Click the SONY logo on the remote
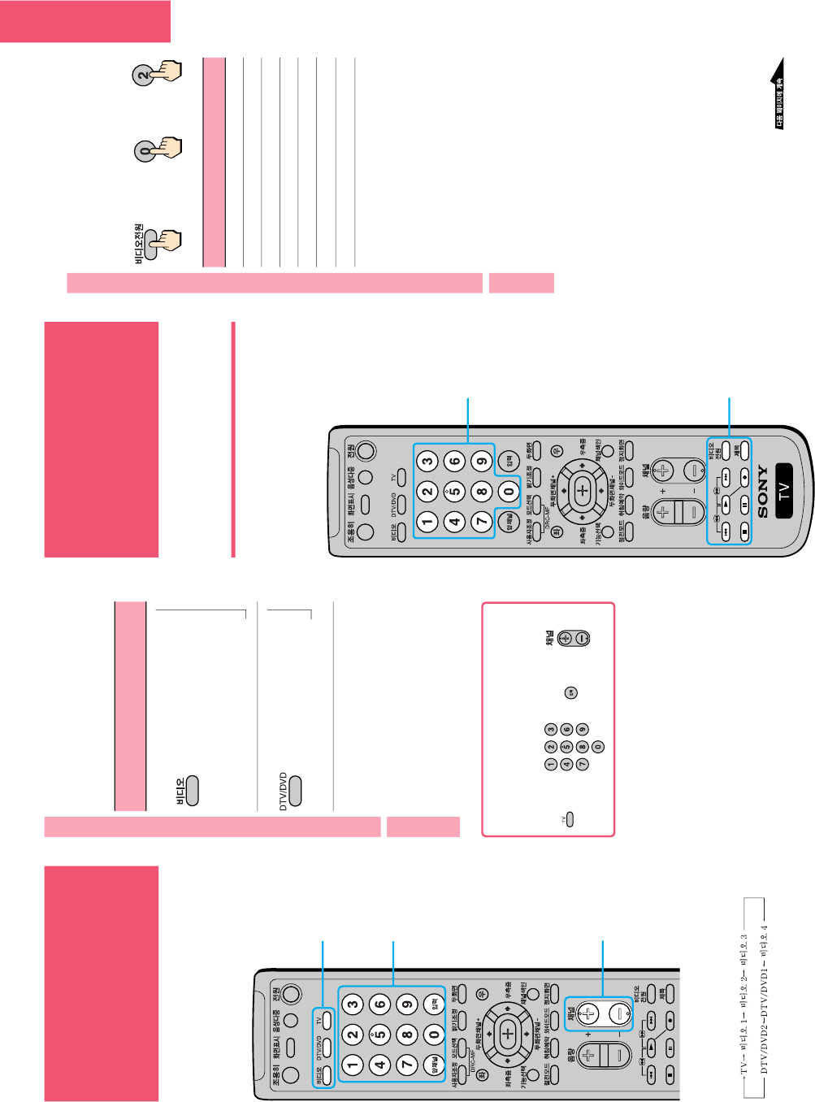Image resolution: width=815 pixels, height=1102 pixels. pyautogui.click(x=762, y=491)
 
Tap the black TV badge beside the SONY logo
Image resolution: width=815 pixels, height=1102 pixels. pyautogui.click(x=784, y=491)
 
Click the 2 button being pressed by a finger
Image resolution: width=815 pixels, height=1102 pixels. pyautogui.click(x=143, y=76)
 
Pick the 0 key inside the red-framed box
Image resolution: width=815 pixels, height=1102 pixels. pyautogui.click(x=598, y=747)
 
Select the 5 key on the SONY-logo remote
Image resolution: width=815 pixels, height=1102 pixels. pyautogui.click(x=454, y=492)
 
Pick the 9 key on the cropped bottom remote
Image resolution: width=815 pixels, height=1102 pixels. pyautogui.click(x=407, y=1004)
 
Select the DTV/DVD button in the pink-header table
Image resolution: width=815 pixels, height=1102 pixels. pyautogui.click(x=294, y=791)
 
